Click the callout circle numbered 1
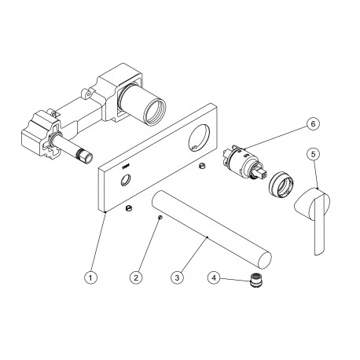click(x=90, y=277)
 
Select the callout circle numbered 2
click(x=136, y=277)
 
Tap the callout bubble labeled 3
click(x=177, y=277)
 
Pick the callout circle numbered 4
click(x=214, y=277)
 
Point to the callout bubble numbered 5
click(x=314, y=154)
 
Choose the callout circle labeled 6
click(x=313, y=124)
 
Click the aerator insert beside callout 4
click(x=254, y=281)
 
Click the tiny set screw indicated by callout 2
click(x=160, y=217)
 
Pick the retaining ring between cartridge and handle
click(x=281, y=184)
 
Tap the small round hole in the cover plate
click(x=126, y=180)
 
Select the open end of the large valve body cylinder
click(x=156, y=109)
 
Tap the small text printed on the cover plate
click(x=126, y=166)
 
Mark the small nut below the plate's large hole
click(x=201, y=166)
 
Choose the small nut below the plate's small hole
click(x=128, y=208)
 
